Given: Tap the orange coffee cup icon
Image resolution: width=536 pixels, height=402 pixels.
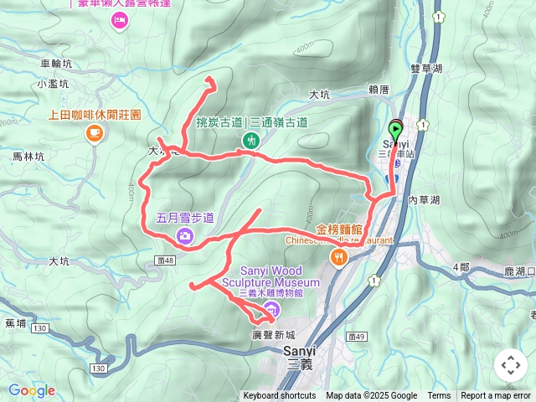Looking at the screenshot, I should coord(94,132).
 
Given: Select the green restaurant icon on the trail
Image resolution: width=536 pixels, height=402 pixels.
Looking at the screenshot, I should coord(250,140).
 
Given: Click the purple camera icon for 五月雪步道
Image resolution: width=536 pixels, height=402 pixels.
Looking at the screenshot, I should coord(183,237).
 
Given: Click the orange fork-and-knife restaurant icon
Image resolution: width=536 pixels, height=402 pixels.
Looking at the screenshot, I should coord(339,260).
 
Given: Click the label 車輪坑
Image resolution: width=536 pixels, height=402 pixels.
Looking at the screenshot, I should coord(57,63).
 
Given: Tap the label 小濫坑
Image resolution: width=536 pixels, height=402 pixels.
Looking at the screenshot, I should coord(52,84).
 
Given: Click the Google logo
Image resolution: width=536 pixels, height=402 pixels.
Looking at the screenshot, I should coord(31,390).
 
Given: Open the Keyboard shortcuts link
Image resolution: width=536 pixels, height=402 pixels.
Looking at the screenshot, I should coord(280,396).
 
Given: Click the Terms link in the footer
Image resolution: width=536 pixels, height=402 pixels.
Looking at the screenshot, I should coord(439,396).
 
